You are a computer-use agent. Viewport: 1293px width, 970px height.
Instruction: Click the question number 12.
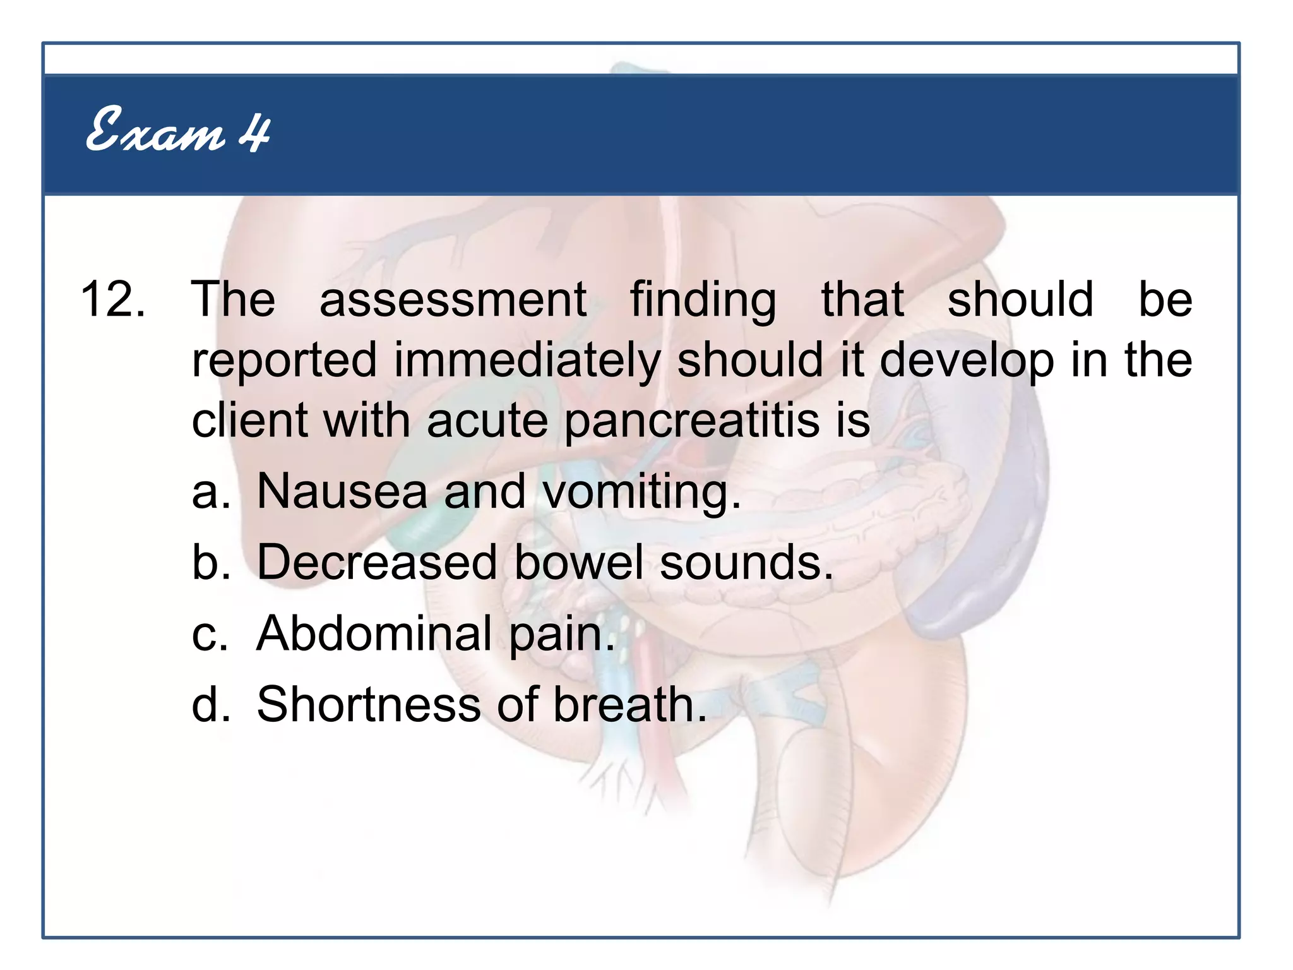coord(112,299)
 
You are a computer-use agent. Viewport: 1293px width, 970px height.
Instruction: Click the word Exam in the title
coord(155,131)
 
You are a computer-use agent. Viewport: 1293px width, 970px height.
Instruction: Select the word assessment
coord(453,299)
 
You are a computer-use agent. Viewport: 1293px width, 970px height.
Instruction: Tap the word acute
coord(487,421)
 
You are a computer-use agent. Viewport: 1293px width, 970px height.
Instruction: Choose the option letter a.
coord(210,492)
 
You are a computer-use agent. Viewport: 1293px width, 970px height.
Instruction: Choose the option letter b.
coord(210,562)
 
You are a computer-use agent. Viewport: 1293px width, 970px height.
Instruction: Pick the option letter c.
coord(210,633)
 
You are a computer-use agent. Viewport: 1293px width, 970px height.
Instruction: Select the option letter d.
coord(210,704)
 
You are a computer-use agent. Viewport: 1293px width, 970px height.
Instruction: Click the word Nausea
coord(342,491)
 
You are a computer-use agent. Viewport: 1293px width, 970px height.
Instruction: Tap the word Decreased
coord(377,562)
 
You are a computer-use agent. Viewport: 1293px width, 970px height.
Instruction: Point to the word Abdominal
coord(374,633)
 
